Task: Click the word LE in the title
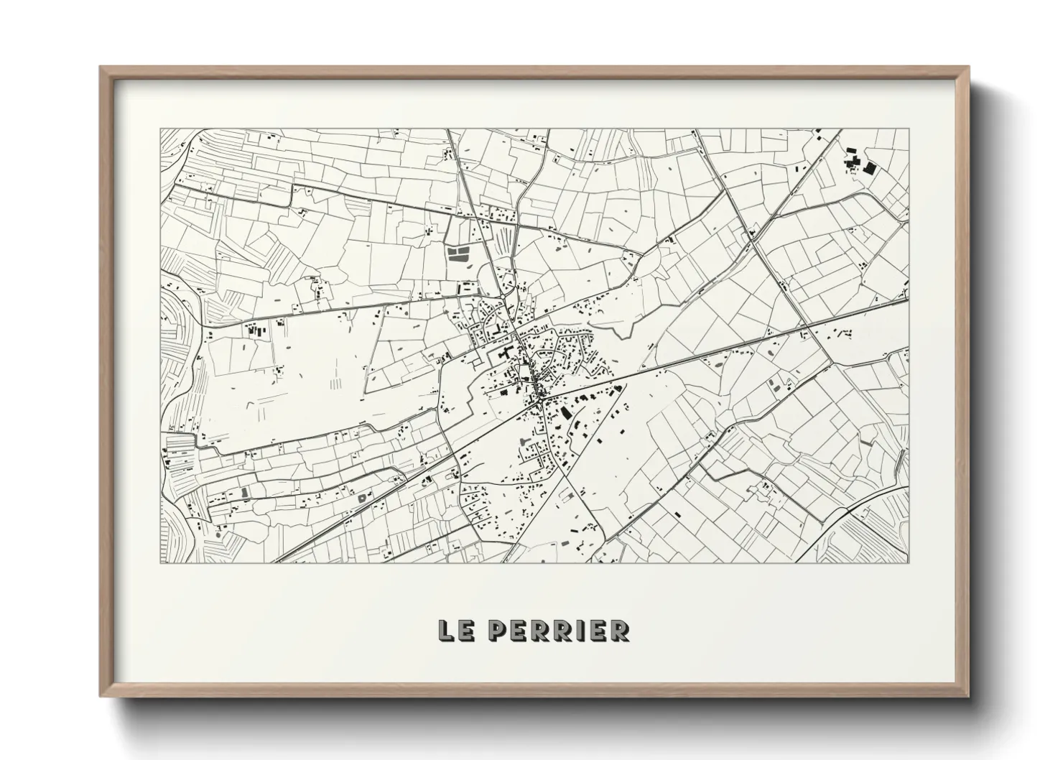[x=455, y=630]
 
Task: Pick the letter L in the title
[x=447, y=630]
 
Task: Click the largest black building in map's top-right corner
[x=870, y=169]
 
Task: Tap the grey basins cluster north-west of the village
[x=457, y=253]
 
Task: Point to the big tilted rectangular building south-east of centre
[x=565, y=413]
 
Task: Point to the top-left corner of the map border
[x=160, y=129]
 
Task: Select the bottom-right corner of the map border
[x=910, y=562]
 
